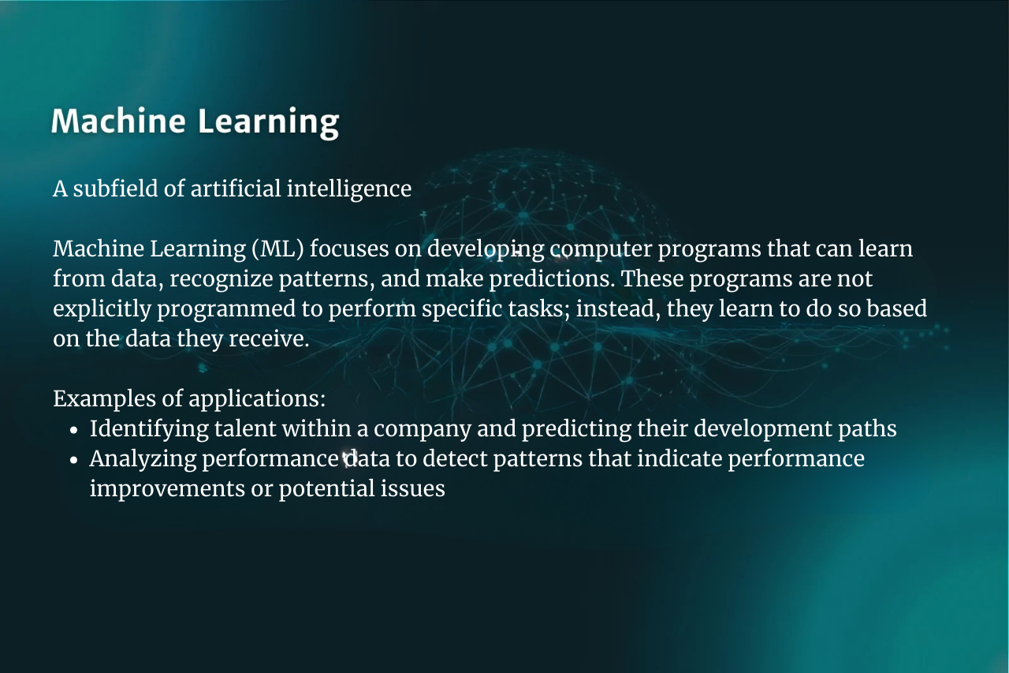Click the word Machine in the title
[118, 121]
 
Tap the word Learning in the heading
[269, 123]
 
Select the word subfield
[115, 189]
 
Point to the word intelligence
[349, 189]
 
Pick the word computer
[601, 249]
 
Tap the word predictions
[552, 279]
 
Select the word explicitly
[102, 309]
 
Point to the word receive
[269, 339]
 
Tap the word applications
[257, 399]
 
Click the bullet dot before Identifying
[74, 429]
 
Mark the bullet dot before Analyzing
[74, 460]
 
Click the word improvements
[167, 489]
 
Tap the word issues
[413, 489]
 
